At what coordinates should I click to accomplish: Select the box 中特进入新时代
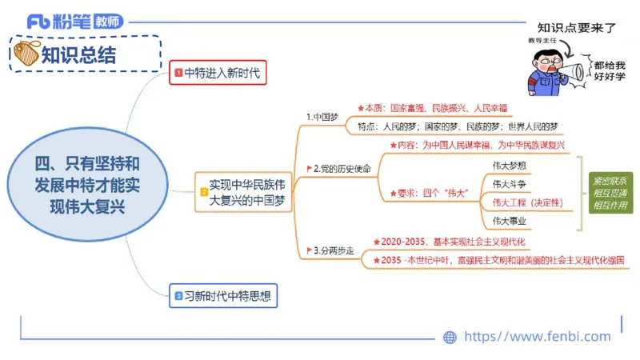(217, 74)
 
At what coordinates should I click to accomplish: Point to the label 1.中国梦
(322, 117)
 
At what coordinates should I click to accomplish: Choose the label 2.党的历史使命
(342, 169)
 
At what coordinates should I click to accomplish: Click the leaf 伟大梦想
(509, 165)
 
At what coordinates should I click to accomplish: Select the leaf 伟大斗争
(509, 184)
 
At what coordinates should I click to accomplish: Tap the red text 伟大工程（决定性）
(527, 202)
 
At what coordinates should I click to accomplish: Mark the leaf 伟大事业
(509, 221)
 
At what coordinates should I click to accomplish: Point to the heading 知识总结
(78, 54)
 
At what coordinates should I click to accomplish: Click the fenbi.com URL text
(537, 337)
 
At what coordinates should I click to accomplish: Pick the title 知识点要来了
(576, 27)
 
